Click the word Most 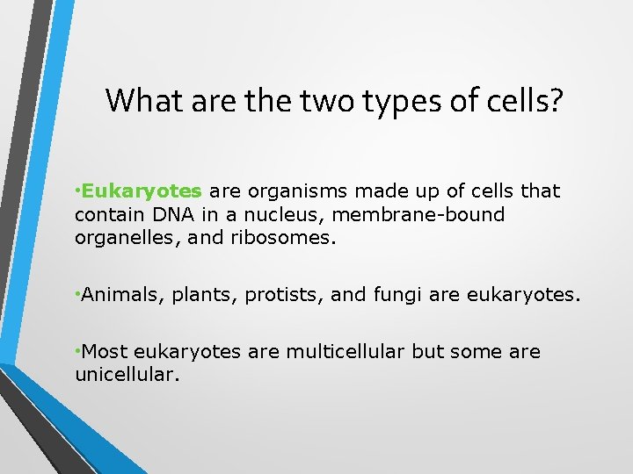pos(105,352)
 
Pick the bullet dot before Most pos(78,351)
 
